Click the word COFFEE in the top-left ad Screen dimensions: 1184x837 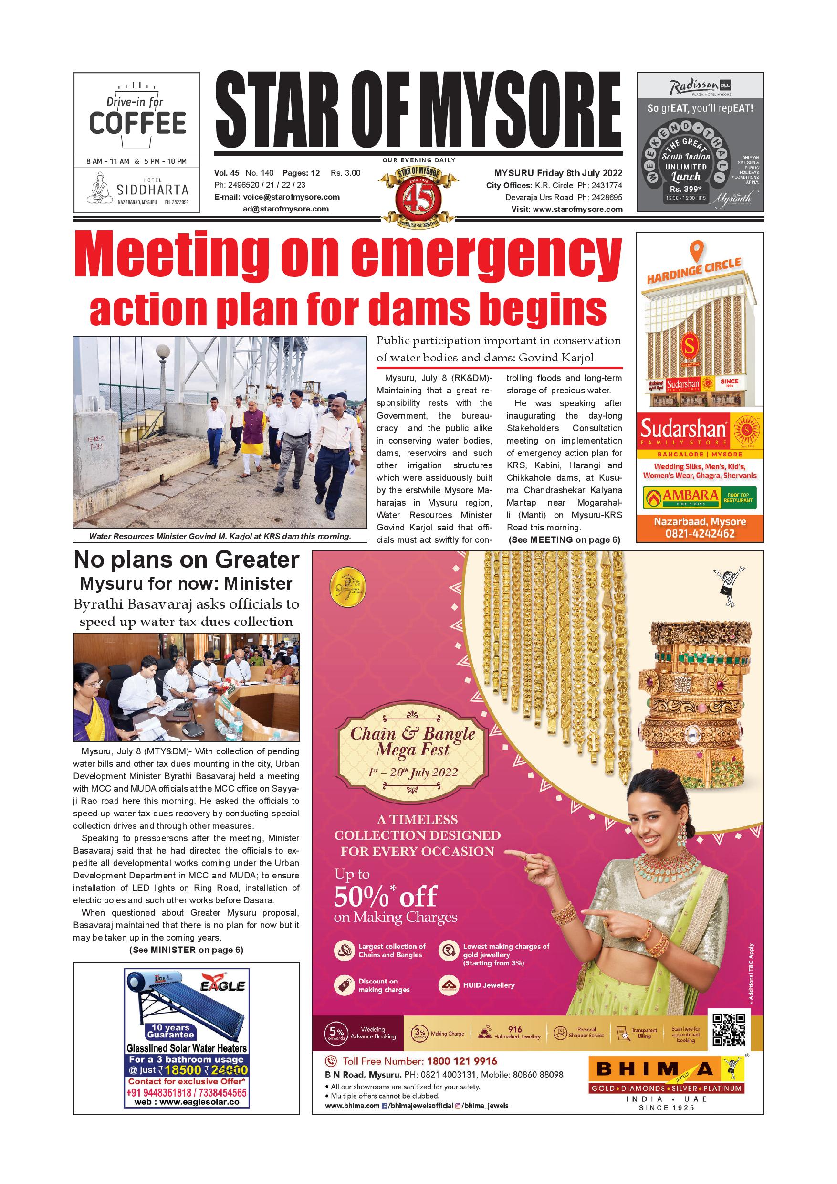(137, 123)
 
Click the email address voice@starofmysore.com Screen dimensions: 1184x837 (291, 197)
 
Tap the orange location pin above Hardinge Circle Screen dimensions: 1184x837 (696, 251)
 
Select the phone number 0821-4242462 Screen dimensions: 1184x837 (700, 534)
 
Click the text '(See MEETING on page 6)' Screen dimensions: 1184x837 (564, 540)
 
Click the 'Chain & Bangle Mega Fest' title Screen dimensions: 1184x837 (412, 741)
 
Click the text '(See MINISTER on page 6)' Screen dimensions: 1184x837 (186, 950)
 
